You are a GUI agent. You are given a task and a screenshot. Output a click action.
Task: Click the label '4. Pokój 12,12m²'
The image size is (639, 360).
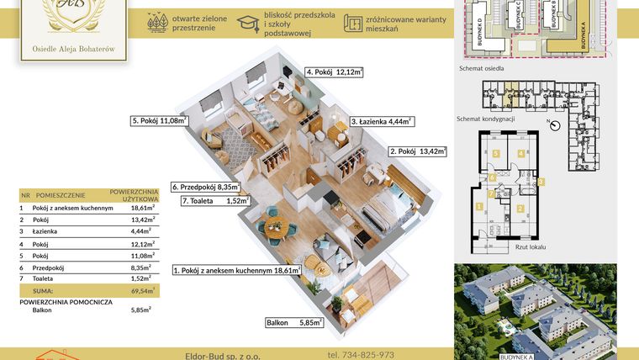click(x=334, y=73)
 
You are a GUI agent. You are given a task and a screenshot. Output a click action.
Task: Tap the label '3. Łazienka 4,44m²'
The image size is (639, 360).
click(x=381, y=121)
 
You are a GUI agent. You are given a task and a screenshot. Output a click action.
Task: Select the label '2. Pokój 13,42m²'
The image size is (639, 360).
click(x=418, y=152)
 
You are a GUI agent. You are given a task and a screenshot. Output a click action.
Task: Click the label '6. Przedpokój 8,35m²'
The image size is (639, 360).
click(x=206, y=187)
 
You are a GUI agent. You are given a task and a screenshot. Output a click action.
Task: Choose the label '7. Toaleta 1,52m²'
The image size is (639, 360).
click(x=216, y=201)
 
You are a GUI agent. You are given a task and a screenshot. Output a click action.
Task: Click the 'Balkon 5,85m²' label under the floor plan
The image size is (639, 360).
click(x=294, y=322)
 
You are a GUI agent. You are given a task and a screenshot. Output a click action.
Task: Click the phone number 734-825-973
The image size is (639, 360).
click(x=361, y=354)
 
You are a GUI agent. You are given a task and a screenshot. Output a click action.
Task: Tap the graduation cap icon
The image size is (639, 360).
click(x=248, y=24)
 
